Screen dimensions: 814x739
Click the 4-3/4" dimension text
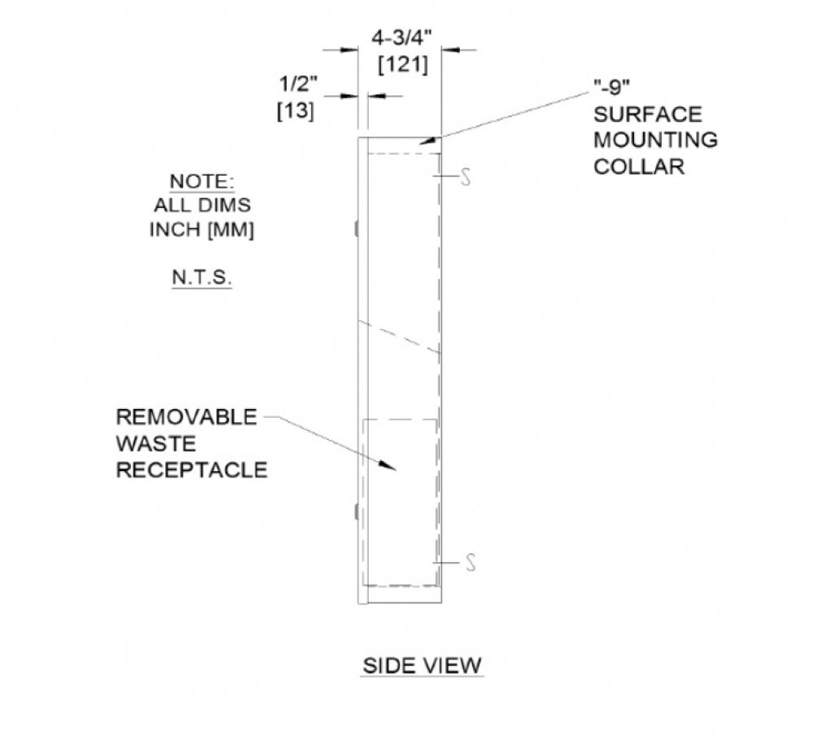[x=402, y=38]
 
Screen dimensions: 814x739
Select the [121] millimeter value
[x=403, y=65]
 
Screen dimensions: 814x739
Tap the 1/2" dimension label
[x=298, y=84]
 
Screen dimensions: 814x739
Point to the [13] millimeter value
[x=296, y=111]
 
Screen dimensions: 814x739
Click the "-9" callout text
[x=611, y=87]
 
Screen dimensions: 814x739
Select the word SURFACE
[x=647, y=114]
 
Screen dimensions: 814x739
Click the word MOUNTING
[x=655, y=140]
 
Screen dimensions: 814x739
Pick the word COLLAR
[x=639, y=167]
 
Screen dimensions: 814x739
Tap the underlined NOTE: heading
[x=202, y=182]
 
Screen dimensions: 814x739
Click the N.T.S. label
[x=201, y=278]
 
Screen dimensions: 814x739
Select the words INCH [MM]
[x=202, y=229]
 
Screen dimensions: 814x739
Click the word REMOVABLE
[x=186, y=417]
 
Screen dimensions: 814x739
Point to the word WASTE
[x=155, y=443]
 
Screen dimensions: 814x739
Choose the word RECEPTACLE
[x=191, y=470]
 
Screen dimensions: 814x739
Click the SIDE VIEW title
[x=422, y=666]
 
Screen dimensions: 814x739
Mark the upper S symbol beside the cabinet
[x=466, y=178]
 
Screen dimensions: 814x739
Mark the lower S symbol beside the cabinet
[x=470, y=563]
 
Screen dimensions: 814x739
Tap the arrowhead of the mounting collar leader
[x=429, y=140]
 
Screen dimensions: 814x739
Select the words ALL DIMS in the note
[x=202, y=205]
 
